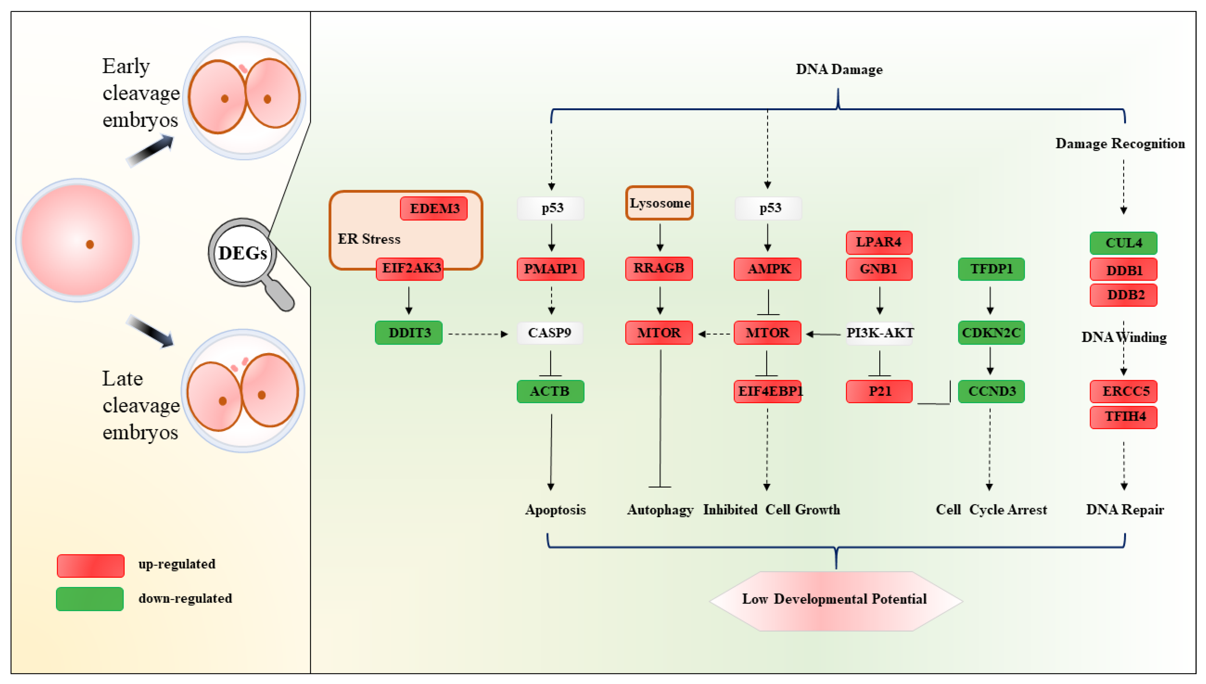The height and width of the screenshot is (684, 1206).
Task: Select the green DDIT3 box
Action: (408, 333)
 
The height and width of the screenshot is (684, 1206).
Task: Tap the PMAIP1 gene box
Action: (550, 269)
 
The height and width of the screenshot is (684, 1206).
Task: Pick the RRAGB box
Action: (659, 268)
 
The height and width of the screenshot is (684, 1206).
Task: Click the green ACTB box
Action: (550, 391)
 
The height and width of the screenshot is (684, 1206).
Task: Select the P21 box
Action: (879, 391)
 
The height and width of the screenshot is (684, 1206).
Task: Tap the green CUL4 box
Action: (1123, 243)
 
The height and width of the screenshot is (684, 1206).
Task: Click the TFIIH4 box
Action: (1123, 417)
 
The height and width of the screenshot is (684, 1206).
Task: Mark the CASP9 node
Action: (550, 333)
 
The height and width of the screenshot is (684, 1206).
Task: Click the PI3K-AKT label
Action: (880, 333)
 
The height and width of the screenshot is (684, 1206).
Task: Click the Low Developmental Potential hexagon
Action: (835, 600)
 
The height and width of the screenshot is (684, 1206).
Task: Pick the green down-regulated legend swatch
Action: (90, 599)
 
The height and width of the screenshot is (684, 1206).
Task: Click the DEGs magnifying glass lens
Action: (242, 253)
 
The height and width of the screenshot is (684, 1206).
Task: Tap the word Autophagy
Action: (660, 510)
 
